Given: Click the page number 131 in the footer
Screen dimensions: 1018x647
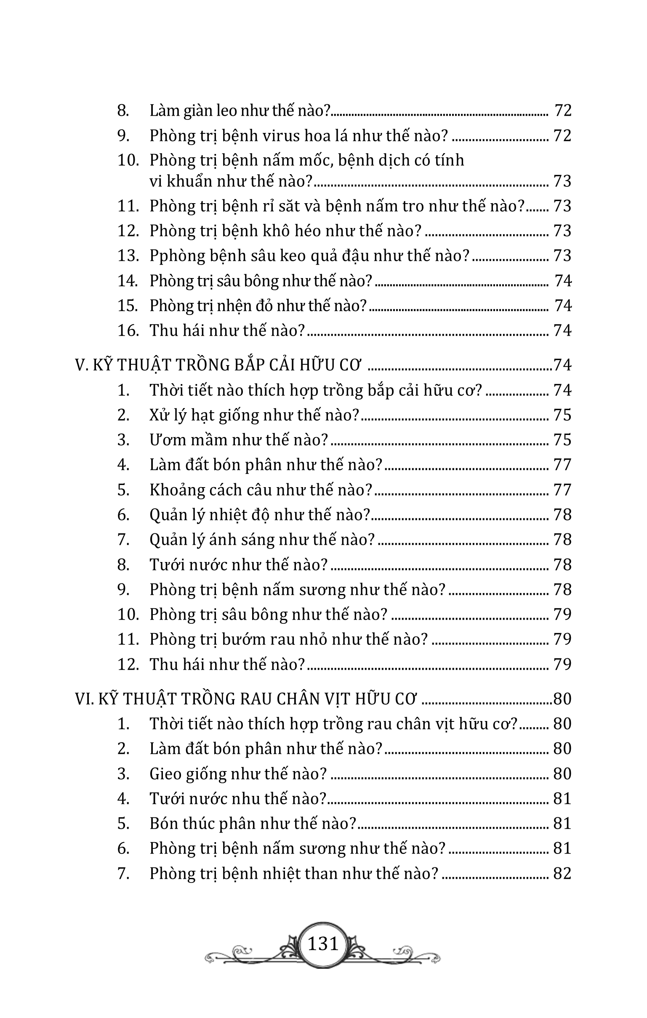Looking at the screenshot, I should (x=323, y=944).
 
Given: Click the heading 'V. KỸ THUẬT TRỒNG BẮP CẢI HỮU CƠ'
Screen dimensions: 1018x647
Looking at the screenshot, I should (x=218, y=365).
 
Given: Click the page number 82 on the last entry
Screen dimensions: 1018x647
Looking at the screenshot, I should (x=562, y=873).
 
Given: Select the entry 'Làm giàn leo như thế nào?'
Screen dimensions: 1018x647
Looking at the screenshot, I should (x=240, y=111).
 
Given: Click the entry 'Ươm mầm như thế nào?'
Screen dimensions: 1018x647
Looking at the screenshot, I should (x=239, y=440).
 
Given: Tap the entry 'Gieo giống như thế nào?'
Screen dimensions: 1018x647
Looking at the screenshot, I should (x=238, y=774).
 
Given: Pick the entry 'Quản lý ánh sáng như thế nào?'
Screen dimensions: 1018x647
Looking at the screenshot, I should (x=262, y=540).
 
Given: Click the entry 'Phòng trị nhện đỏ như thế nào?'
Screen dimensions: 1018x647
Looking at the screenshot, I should (x=258, y=306).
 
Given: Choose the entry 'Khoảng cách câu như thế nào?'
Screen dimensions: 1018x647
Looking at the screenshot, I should (x=261, y=490).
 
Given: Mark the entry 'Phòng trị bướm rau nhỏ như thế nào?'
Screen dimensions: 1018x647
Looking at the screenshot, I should (x=289, y=639).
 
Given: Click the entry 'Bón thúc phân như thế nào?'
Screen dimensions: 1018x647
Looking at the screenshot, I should (x=253, y=824).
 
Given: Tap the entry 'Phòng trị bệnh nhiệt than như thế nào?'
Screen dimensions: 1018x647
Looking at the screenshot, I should (x=293, y=873).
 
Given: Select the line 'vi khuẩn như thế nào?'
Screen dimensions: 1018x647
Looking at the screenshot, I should (x=231, y=181).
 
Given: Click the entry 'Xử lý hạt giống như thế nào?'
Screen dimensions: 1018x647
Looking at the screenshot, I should (x=254, y=415).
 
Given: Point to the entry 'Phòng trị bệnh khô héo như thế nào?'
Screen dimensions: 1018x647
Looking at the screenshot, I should (x=286, y=231).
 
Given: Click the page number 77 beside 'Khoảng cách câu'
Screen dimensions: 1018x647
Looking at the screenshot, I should (x=562, y=490).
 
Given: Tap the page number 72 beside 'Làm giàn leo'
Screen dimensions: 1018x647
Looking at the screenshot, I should (x=563, y=111).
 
